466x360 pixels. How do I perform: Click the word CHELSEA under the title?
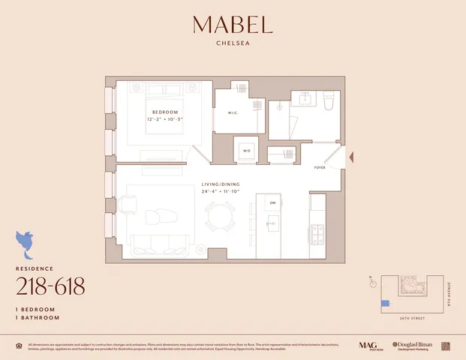click(x=233, y=43)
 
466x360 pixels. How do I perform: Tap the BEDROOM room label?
click(x=164, y=112)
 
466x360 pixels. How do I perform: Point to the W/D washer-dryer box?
click(x=246, y=150)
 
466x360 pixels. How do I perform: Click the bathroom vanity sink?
click(x=305, y=98)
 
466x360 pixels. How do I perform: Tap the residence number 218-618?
click(x=50, y=286)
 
